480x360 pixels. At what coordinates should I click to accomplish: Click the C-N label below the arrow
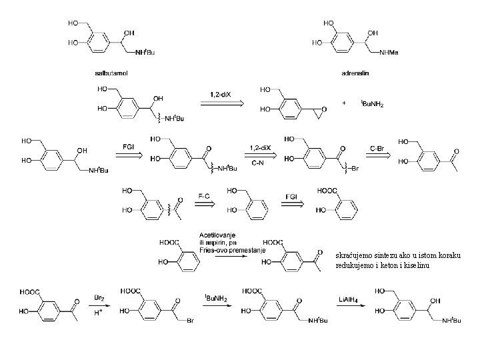point(259,162)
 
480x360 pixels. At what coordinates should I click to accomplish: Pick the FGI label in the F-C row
point(292,195)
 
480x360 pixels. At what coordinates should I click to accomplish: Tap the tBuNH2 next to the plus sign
point(371,104)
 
